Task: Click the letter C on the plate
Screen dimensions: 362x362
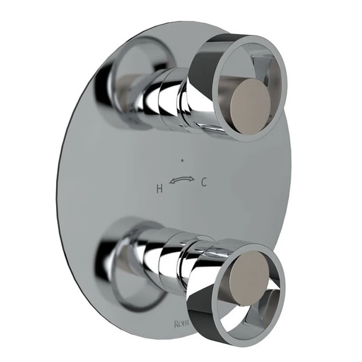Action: coord(204,182)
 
